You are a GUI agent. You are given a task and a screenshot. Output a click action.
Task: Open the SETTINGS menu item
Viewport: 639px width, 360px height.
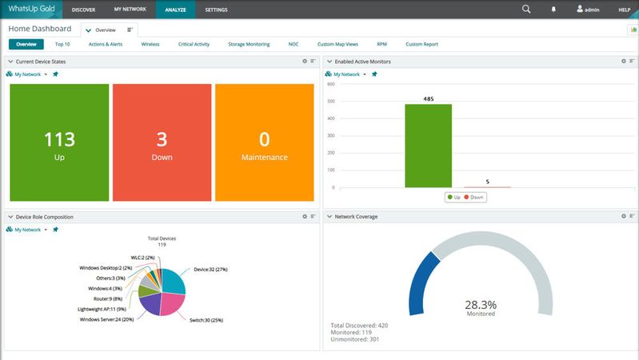click(x=216, y=10)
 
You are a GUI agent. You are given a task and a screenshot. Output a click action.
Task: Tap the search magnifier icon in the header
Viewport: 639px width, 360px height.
click(x=526, y=10)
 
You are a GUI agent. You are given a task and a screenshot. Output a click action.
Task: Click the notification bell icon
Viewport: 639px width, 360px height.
click(x=553, y=10)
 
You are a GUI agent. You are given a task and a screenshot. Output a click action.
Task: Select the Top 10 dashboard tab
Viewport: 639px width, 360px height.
click(x=62, y=44)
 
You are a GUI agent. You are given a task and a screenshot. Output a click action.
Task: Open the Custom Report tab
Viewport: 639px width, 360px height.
click(x=421, y=44)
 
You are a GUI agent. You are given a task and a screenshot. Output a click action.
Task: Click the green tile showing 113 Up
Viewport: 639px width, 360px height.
click(x=59, y=142)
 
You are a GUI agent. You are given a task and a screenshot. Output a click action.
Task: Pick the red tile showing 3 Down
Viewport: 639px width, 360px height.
click(x=162, y=142)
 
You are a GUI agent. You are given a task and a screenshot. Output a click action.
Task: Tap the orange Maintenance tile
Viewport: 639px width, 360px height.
click(x=264, y=142)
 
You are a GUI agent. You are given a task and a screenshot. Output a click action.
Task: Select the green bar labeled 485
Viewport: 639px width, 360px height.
click(x=428, y=146)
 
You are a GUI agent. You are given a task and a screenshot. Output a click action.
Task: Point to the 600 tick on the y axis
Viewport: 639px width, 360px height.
click(x=330, y=82)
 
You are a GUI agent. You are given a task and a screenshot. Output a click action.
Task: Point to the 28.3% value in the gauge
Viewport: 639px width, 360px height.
click(x=480, y=305)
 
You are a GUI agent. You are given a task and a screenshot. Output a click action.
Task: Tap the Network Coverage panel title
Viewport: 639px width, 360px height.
click(x=356, y=216)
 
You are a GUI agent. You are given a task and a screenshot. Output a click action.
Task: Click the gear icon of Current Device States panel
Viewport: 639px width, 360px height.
click(x=305, y=61)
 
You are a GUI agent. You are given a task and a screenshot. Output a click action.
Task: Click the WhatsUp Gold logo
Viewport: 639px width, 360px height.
click(x=31, y=10)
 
